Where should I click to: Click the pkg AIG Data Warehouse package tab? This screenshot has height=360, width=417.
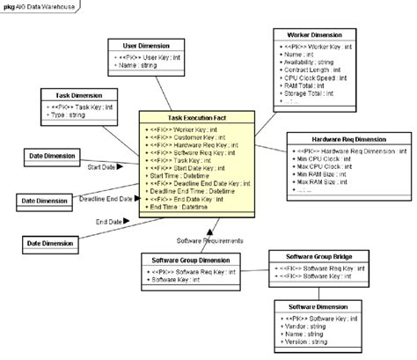click(38, 5)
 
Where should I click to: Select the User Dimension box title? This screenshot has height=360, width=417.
click(148, 44)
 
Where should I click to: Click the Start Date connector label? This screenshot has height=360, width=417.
click(104, 165)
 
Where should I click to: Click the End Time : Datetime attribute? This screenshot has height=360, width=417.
click(181, 206)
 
